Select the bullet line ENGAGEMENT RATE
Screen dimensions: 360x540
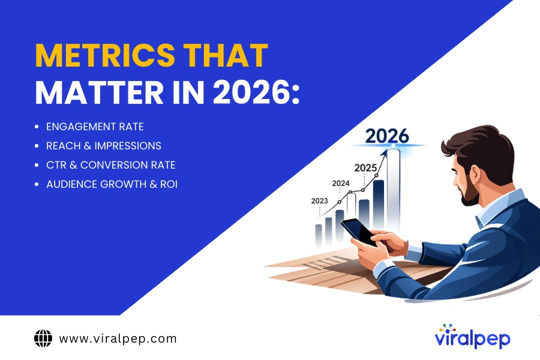(x=95, y=127)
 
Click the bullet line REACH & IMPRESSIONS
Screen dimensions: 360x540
(x=104, y=146)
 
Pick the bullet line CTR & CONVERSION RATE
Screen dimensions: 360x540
(x=111, y=164)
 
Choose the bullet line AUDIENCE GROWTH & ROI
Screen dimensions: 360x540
(x=112, y=184)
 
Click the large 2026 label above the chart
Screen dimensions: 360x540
(x=387, y=136)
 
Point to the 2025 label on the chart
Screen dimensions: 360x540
(x=365, y=167)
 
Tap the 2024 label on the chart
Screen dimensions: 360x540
(x=340, y=184)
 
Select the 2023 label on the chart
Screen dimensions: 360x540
(x=319, y=202)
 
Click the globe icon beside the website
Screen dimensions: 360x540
(x=43, y=338)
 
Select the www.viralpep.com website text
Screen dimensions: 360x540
(x=118, y=338)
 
